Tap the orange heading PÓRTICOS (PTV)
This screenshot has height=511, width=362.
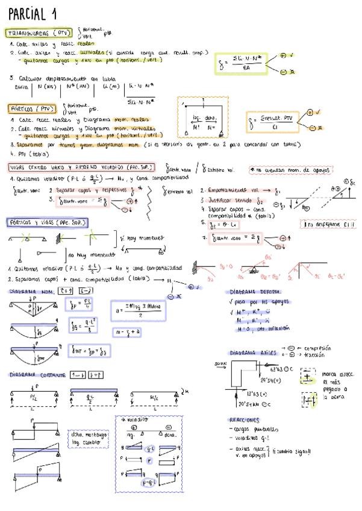[x=33, y=109]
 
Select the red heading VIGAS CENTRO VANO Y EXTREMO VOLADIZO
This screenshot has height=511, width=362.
[x=82, y=167]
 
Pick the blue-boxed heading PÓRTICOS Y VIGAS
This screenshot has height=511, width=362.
[x=47, y=222]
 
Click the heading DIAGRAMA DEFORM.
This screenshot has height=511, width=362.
[x=255, y=292]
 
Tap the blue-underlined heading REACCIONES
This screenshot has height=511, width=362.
[x=245, y=420]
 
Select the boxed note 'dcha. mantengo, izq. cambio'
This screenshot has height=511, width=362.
[x=89, y=437]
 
